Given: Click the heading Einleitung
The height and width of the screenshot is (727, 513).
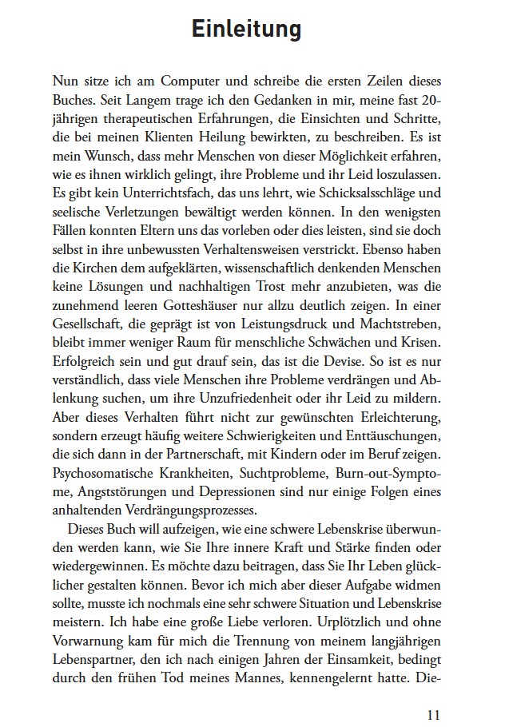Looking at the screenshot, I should (246, 30).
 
